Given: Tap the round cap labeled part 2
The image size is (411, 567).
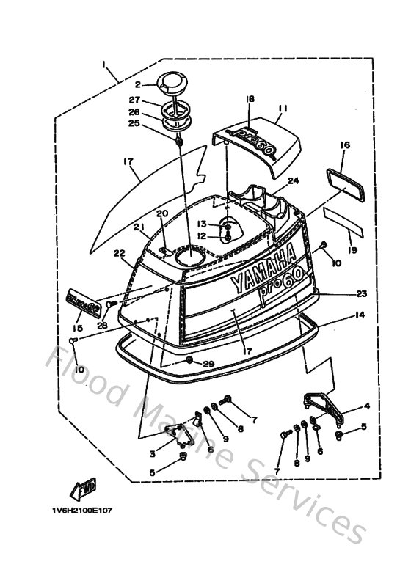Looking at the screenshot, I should [175, 82].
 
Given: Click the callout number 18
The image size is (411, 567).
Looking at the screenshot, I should [250, 98].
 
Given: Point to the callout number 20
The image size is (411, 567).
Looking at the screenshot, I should [162, 213].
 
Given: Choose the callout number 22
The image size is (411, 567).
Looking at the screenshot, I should [120, 253].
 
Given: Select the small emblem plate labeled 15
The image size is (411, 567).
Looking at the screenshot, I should [82, 301].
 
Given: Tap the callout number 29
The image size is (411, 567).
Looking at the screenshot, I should [209, 365].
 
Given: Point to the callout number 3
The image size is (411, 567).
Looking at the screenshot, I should [152, 454].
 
